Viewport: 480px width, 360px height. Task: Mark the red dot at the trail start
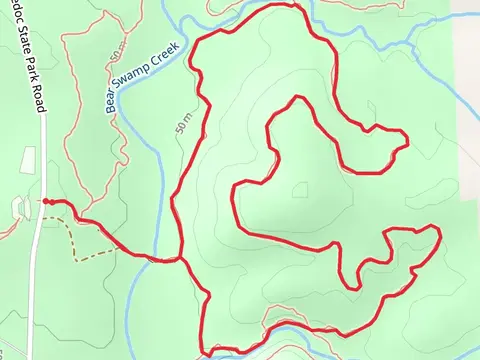46,201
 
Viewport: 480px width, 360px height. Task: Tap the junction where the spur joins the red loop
180,258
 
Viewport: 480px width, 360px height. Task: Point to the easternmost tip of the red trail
440,231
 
